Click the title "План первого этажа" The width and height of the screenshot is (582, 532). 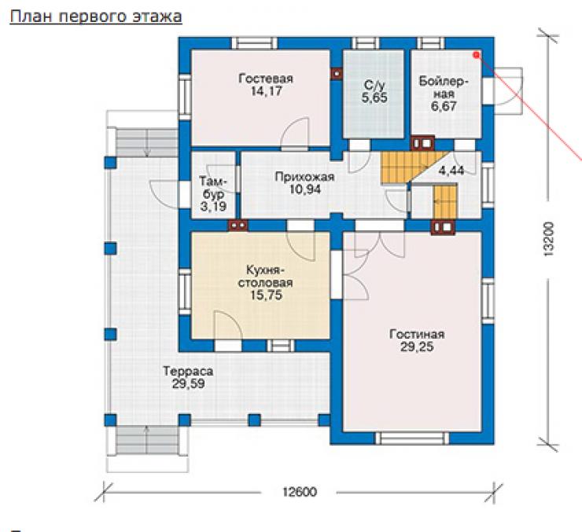click(96, 17)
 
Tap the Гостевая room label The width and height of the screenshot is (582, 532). click(266, 79)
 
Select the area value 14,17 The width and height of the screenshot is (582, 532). click(266, 91)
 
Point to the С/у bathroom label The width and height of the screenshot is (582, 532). click(374, 86)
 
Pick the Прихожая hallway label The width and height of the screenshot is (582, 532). click(304, 177)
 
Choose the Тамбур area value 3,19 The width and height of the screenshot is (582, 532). click(213, 207)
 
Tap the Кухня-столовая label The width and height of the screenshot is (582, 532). click(265, 277)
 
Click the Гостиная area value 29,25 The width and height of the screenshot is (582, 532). click(417, 347)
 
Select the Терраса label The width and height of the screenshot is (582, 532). click(188, 371)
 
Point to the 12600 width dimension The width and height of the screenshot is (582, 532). click(300, 492)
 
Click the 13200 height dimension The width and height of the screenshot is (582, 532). click(548, 239)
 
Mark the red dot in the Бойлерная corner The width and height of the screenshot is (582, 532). click(476, 55)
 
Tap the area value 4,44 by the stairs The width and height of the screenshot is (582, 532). click(451, 171)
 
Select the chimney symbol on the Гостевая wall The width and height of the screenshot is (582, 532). click(337, 74)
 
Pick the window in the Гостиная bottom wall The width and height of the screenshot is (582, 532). click(412, 438)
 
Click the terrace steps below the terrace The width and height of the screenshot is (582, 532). click(147, 440)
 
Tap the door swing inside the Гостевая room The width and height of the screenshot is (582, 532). click(295, 134)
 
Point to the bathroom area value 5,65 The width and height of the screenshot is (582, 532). click(374, 98)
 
